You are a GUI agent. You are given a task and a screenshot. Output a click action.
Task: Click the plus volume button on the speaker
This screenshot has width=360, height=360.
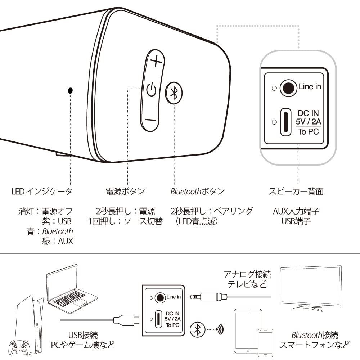pyautogui.click(x=156, y=63)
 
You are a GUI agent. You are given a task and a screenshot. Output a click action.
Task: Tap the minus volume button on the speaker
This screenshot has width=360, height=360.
pyautogui.click(x=152, y=120)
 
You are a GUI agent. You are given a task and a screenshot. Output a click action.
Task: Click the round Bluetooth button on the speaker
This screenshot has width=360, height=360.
pyautogui.click(x=174, y=93)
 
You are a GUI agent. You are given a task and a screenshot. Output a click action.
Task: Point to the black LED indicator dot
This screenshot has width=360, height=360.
pyautogui.click(x=70, y=90)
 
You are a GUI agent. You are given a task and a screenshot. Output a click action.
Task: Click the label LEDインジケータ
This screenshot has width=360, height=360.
pyautogui.click(x=42, y=191)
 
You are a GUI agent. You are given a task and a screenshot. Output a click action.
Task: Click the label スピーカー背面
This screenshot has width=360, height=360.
pyautogui.click(x=296, y=191)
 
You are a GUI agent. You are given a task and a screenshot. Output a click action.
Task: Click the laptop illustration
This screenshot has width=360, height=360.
pyautogui.click(x=70, y=288)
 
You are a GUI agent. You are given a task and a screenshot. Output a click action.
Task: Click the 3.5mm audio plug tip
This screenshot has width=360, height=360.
pyautogui.click(x=193, y=297)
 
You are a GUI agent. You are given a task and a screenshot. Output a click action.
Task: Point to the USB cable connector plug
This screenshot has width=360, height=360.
pyautogui.click(x=125, y=319)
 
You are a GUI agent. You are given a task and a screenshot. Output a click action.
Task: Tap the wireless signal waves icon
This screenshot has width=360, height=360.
pyautogui.click(x=219, y=329)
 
